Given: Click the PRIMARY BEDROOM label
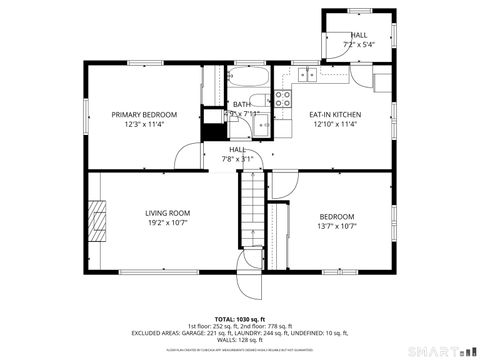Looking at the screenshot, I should (144, 115).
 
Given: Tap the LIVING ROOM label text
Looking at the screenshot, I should (167, 213).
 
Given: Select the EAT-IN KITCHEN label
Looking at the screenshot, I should (336, 115).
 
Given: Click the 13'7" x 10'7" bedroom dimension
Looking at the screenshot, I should (337, 226).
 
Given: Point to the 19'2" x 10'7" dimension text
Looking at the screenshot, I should (167, 225).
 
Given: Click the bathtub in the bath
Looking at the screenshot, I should (255, 79).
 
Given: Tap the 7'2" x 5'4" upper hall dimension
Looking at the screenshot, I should (358, 45).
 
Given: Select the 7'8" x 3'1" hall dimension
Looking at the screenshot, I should (238, 159).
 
